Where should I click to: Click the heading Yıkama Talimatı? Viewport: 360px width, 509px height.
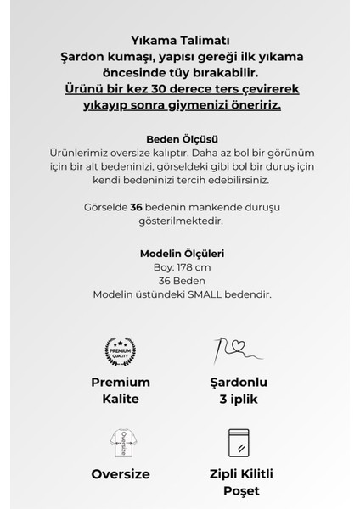[180, 40]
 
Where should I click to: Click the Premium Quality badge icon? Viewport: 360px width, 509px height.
[120, 350]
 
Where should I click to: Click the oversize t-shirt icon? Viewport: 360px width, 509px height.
[120, 442]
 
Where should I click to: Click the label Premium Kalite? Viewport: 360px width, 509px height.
[121, 390]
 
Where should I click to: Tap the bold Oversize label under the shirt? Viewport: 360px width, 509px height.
[121, 474]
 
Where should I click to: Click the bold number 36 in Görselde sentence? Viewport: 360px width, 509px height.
[137, 207]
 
